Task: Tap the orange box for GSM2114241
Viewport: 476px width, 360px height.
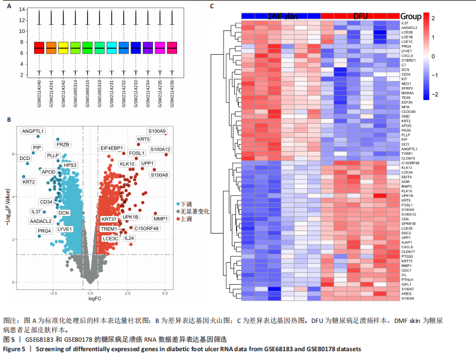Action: click(51, 48)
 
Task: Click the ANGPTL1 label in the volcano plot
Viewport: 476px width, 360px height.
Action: click(33, 131)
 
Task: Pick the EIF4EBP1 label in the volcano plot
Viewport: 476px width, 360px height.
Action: click(112, 148)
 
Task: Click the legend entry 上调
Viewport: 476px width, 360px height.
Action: click(186, 218)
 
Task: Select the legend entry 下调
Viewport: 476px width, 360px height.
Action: click(186, 203)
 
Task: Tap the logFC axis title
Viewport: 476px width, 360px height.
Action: click(96, 300)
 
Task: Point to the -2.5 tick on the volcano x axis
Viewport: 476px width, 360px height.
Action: click(53, 291)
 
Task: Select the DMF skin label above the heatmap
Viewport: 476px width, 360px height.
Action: click(282, 15)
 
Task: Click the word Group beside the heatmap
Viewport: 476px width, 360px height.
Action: click(411, 15)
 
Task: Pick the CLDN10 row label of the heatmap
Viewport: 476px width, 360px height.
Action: click(408, 158)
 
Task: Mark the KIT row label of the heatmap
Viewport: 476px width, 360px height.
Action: click(405, 79)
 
